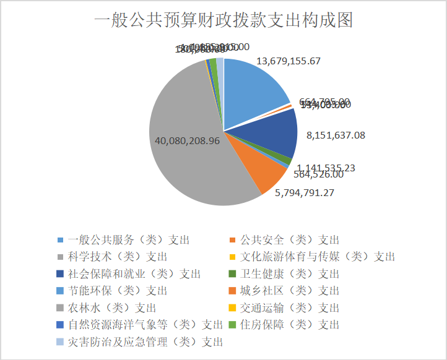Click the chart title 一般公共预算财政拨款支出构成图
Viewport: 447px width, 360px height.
[x=223, y=22]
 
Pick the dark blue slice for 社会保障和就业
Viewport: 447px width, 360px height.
[x=272, y=133]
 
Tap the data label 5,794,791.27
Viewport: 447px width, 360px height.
[x=313, y=192]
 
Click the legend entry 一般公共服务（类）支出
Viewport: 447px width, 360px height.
[x=129, y=240]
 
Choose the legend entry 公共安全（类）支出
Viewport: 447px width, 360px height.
[x=289, y=240]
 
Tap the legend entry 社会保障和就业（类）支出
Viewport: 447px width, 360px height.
[x=134, y=273]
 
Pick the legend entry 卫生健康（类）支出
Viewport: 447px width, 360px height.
[x=289, y=273]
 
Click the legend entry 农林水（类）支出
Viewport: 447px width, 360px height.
[x=111, y=307]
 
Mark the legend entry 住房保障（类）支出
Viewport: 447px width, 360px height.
[x=289, y=324]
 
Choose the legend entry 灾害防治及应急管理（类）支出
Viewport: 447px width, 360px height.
[x=145, y=341]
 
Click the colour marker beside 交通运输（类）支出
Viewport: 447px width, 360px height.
[x=232, y=307]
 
